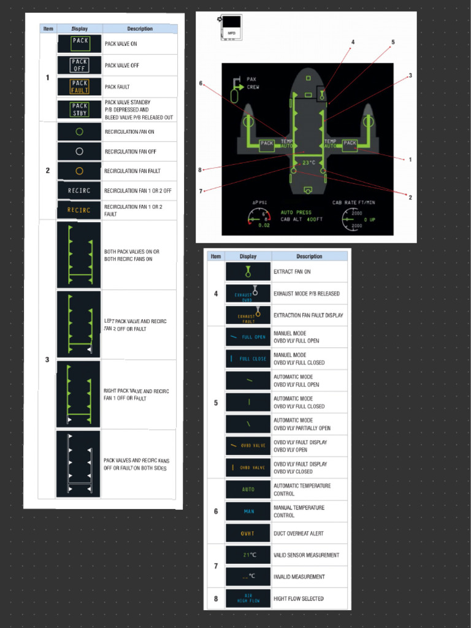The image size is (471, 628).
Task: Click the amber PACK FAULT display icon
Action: click(80, 86)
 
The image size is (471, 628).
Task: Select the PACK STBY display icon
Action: click(80, 109)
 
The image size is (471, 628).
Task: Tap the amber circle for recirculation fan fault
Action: click(79, 170)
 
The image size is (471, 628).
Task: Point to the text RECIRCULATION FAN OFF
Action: click(130, 151)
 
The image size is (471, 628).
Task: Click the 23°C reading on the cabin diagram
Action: click(308, 163)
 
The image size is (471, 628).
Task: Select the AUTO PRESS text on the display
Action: click(296, 213)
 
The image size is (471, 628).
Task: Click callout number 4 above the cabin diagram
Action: click(353, 42)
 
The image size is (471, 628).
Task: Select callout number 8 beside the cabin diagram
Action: click(200, 170)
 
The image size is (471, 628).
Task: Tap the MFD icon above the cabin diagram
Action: click(232, 28)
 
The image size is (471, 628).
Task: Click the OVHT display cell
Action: click(248, 534)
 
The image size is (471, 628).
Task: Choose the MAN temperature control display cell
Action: click(248, 511)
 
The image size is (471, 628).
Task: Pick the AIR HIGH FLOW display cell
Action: click(248, 599)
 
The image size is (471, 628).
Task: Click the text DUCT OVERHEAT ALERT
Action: click(299, 534)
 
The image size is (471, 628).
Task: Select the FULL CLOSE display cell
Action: click(248, 359)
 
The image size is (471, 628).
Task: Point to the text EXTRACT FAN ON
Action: click(292, 271)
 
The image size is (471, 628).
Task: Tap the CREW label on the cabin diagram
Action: click(253, 87)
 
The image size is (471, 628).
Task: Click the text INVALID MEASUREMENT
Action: click(299, 576)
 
